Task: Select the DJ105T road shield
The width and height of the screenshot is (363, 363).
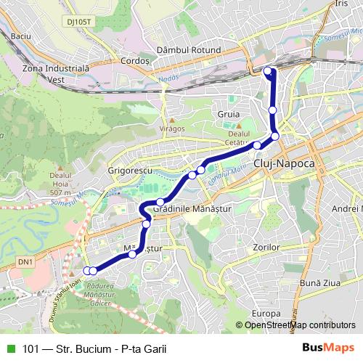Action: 79,22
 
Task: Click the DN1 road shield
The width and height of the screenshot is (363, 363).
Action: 25,261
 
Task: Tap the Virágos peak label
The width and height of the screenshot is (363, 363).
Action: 171,129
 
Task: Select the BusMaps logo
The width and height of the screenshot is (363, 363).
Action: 329,347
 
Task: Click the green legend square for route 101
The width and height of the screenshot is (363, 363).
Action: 10,348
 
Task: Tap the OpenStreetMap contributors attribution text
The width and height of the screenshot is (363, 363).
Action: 300,325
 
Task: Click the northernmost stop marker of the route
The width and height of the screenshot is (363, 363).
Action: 268,71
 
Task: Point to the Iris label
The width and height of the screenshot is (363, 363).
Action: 342,4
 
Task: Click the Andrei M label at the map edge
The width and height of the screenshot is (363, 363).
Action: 346,208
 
